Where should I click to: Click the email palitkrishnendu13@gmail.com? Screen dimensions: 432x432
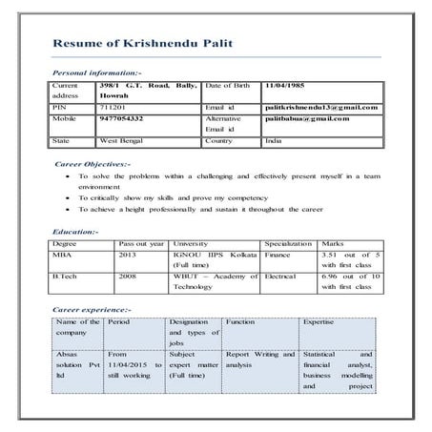320,108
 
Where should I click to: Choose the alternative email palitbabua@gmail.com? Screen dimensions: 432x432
307,119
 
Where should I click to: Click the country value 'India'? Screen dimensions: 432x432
275,140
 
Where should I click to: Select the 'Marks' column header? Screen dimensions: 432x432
334,244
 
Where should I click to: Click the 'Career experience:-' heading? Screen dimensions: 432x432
92,310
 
